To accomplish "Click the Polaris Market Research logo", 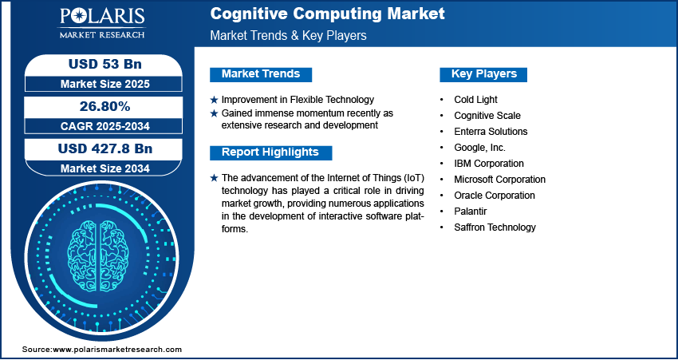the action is click(x=102, y=24).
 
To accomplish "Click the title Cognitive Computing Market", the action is click(x=327, y=14).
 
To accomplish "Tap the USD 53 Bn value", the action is click(x=104, y=64).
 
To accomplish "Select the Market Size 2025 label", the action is click(x=105, y=84).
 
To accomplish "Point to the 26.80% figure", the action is click(x=105, y=106).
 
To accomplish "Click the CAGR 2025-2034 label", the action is click(x=105, y=126).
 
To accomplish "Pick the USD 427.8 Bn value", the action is click(x=105, y=148).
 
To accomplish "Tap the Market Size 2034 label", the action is click(x=105, y=168).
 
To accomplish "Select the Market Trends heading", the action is click(x=261, y=74).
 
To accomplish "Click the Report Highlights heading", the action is click(x=270, y=152).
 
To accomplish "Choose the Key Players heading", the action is click(x=484, y=74).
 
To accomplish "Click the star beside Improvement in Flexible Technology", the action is click(x=214, y=100).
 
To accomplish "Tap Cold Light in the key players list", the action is click(x=475, y=100).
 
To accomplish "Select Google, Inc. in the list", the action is click(x=479, y=148).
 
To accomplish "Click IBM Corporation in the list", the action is click(x=489, y=164).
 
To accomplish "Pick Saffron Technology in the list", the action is click(x=495, y=227).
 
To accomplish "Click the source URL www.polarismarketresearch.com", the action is click(x=117, y=350).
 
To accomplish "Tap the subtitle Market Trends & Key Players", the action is click(x=289, y=35).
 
